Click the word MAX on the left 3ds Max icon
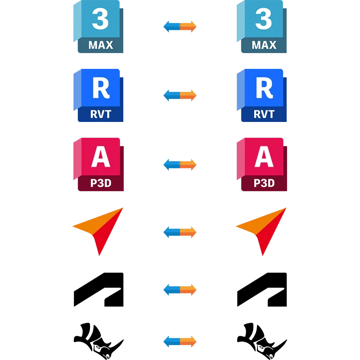(100, 45)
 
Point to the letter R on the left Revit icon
(100, 88)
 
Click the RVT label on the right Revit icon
(264, 114)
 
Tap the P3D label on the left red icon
(100, 183)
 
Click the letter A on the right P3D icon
(264, 157)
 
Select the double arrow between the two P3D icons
(180, 165)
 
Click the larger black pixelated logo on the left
(99, 290)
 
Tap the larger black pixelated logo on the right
(261, 290)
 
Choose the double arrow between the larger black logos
(180, 290)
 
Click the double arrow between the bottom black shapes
(180, 341)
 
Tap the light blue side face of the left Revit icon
(75, 92)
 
